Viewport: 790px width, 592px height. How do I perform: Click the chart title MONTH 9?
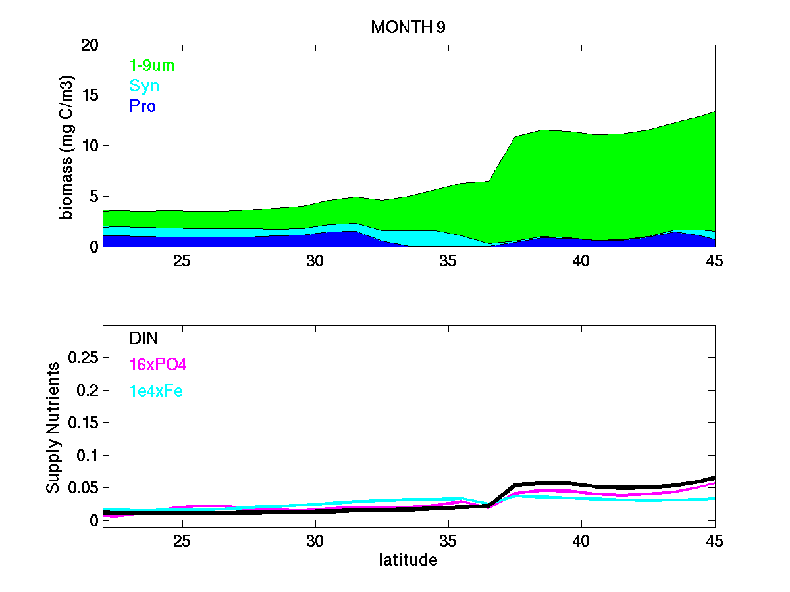[x=409, y=28]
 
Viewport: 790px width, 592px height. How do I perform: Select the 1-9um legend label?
[x=151, y=65]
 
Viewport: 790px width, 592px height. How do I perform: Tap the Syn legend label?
[x=144, y=86]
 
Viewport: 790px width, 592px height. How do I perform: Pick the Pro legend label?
[x=142, y=106]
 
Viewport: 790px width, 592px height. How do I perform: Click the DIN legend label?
[x=144, y=338]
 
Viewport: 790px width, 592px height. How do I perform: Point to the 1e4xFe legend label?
[x=156, y=391]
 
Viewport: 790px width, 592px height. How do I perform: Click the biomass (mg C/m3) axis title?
[x=67, y=146]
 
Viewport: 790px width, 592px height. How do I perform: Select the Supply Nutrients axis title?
[x=53, y=427]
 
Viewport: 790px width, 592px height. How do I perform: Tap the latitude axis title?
[x=408, y=560]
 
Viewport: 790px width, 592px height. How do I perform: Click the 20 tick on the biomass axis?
[x=90, y=45]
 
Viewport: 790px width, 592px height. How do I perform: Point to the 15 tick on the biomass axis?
[x=90, y=95]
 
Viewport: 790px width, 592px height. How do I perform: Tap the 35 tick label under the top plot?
[x=448, y=260]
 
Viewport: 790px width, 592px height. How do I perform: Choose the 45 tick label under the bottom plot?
[x=714, y=541]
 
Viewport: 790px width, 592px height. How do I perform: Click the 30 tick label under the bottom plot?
[x=315, y=541]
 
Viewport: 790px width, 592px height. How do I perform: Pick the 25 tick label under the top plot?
[x=182, y=260]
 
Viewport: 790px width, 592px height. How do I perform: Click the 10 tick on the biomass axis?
[x=90, y=146]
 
